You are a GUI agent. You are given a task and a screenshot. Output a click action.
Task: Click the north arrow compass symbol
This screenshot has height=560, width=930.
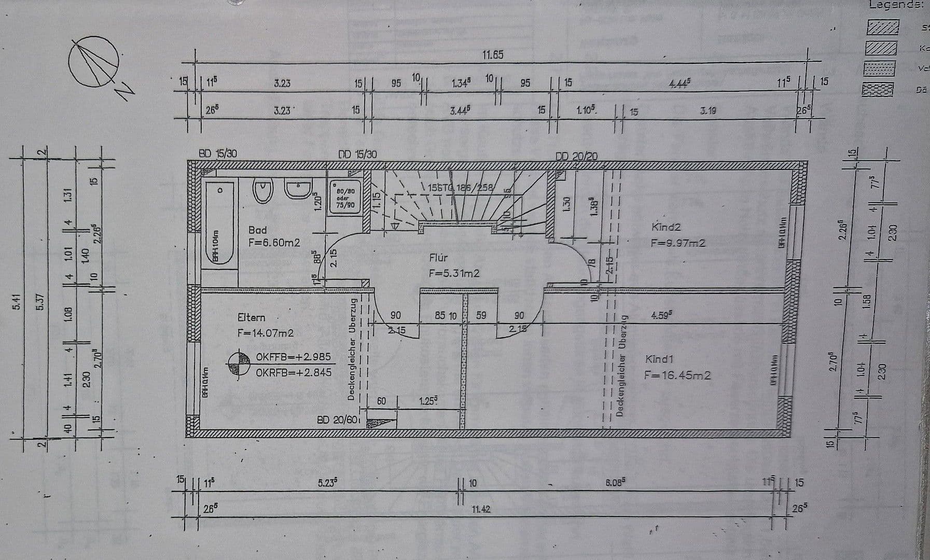click(x=94, y=61)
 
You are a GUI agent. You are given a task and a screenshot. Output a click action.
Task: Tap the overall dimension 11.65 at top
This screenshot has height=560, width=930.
click(x=492, y=55)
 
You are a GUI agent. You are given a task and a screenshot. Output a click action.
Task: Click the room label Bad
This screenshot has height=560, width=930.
click(x=258, y=230)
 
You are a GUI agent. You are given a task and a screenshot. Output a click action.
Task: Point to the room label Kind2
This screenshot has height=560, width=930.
click(x=666, y=227)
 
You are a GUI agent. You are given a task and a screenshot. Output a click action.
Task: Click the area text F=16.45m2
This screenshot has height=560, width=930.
click(x=677, y=375)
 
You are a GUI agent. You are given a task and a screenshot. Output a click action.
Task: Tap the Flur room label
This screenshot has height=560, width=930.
click(x=438, y=258)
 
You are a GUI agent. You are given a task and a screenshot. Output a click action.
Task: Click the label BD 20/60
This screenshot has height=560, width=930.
click(x=337, y=419)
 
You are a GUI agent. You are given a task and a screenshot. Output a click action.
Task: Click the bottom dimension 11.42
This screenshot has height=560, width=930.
click(x=481, y=509)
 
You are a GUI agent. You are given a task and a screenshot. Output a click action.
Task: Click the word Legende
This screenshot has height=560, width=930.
click(x=896, y=5)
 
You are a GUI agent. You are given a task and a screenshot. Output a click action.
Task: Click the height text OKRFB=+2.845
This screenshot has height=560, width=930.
click(x=293, y=372)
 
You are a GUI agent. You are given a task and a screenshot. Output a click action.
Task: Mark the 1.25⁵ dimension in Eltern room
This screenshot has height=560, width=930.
click(x=428, y=401)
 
